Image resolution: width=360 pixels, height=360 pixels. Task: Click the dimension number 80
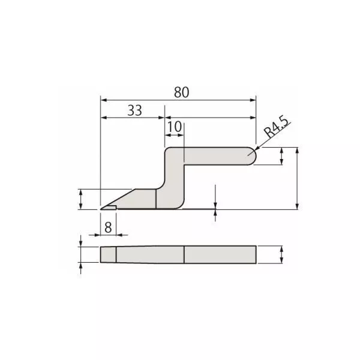(181, 92)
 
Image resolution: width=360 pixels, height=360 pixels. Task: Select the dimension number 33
(135, 110)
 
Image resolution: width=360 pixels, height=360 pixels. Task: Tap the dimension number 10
(175, 127)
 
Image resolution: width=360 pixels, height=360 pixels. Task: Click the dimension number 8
(108, 227)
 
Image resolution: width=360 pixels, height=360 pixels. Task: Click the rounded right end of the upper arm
(253, 156)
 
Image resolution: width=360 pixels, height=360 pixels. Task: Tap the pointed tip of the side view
(101, 209)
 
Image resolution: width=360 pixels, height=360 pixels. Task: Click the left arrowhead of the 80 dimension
(104, 100)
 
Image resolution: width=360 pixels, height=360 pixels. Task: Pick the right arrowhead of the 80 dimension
(253, 100)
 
